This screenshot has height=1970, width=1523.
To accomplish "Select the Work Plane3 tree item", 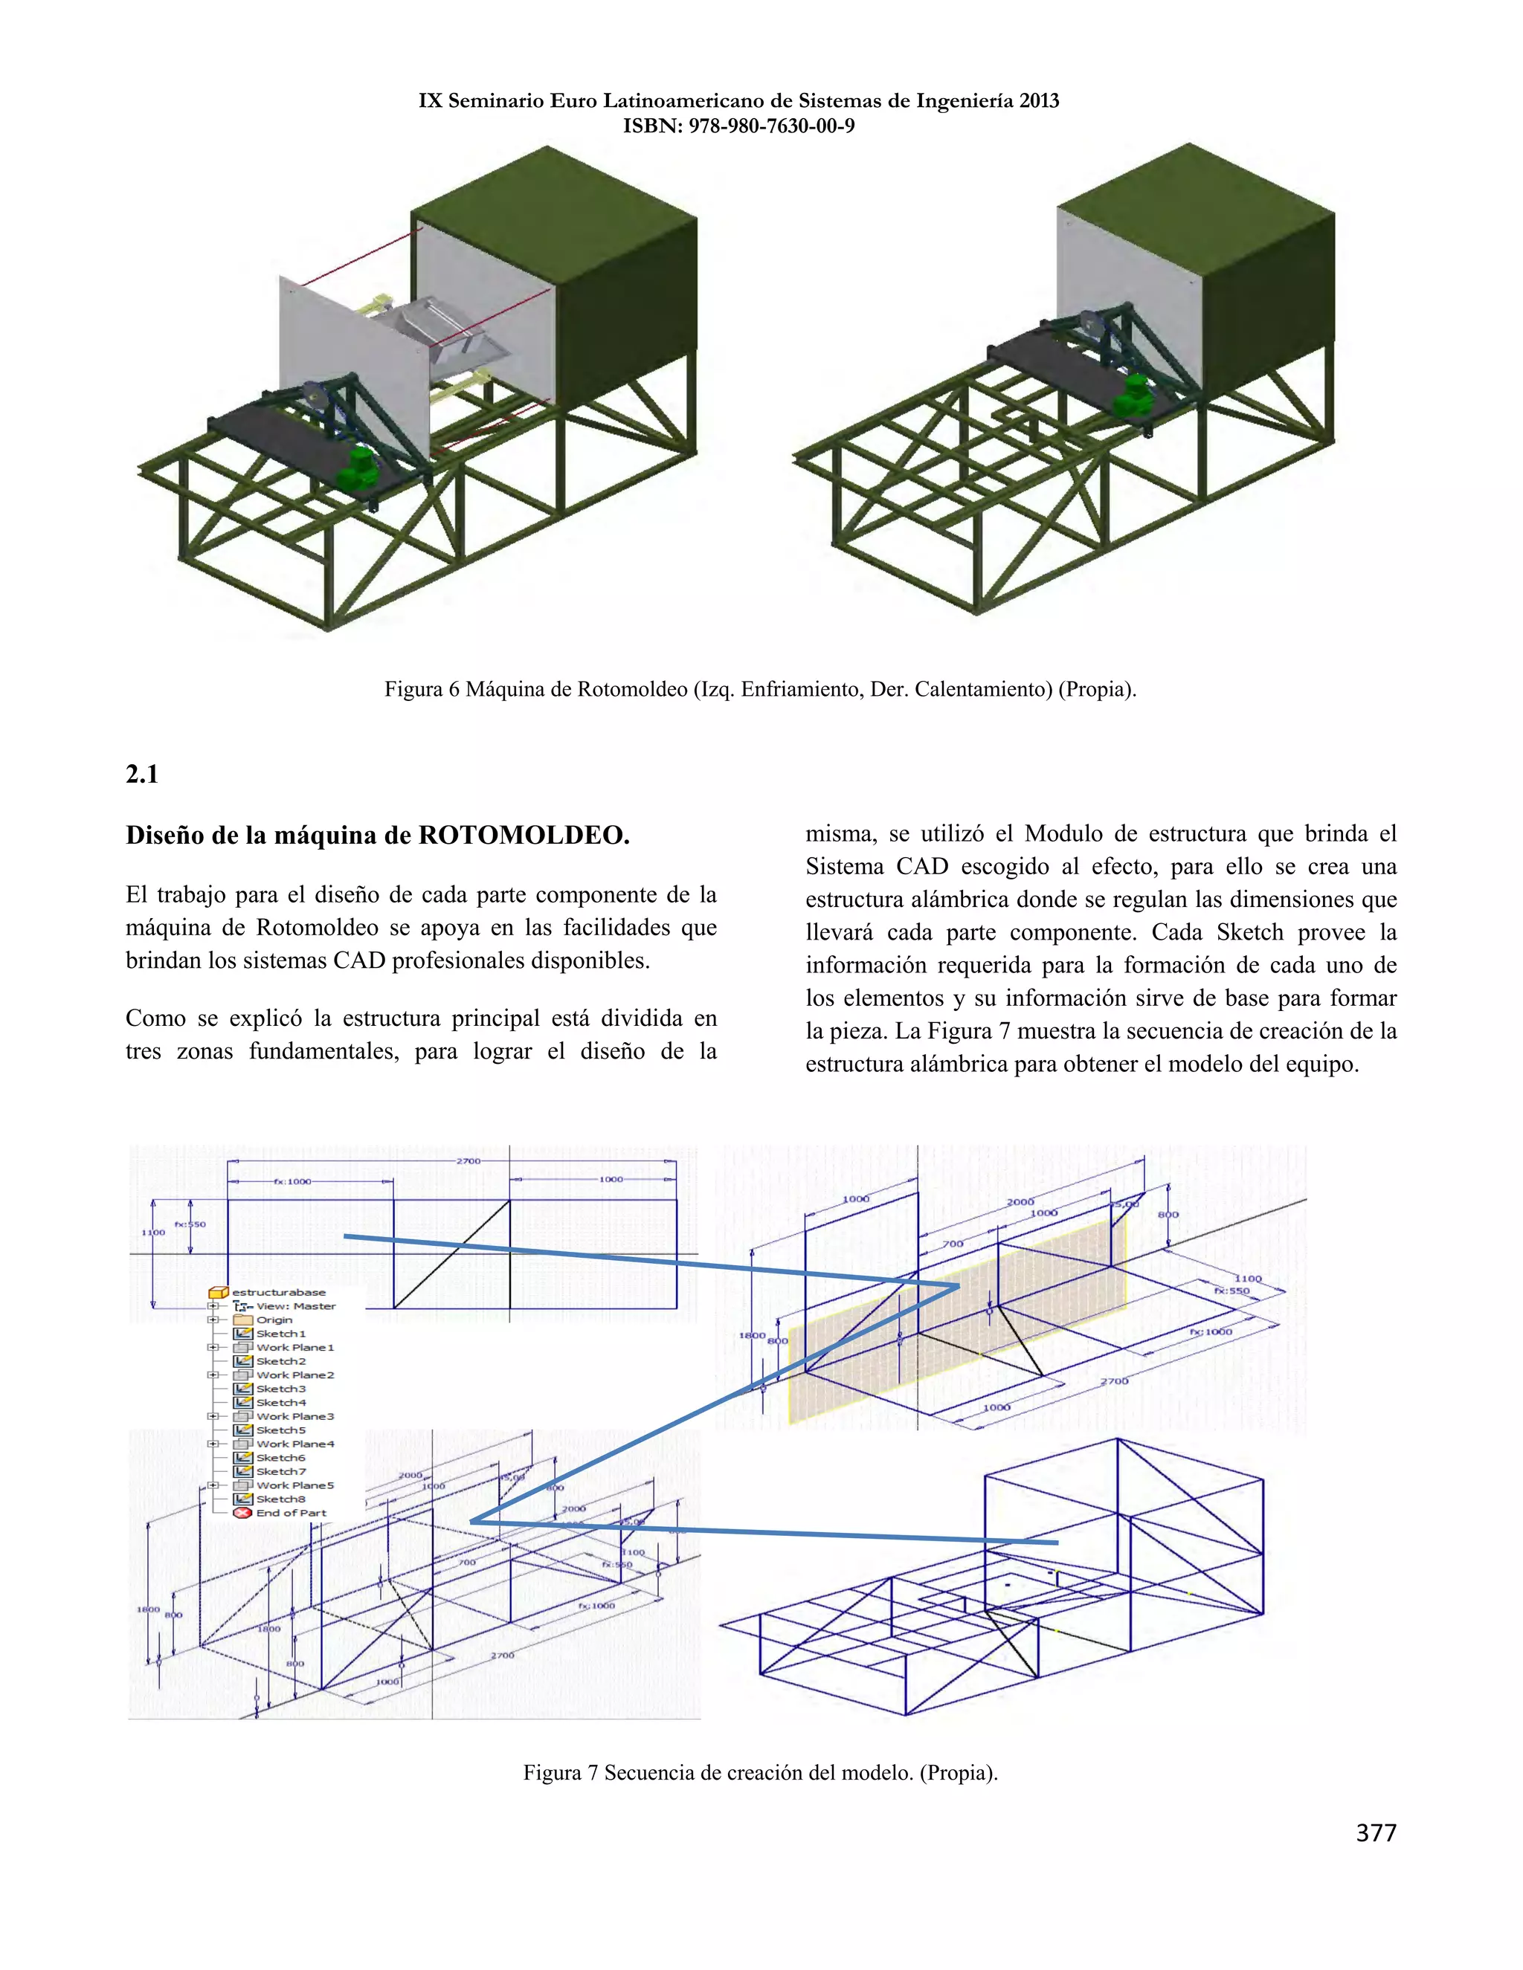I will click(294, 1416).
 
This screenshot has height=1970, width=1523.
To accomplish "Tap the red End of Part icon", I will click(242, 1514).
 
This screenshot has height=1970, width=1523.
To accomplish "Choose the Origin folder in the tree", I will click(274, 1320).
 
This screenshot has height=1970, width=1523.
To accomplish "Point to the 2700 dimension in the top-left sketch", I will click(469, 1161).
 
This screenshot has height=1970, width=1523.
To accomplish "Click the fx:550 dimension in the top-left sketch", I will click(190, 1224).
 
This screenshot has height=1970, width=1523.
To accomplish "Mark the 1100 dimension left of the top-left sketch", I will click(152, 1232).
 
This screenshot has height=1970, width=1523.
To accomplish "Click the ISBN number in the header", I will click(771, 126).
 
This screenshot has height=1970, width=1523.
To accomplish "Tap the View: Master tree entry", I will click(295, 1306).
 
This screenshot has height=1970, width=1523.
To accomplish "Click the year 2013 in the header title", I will click(1038, 101).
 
